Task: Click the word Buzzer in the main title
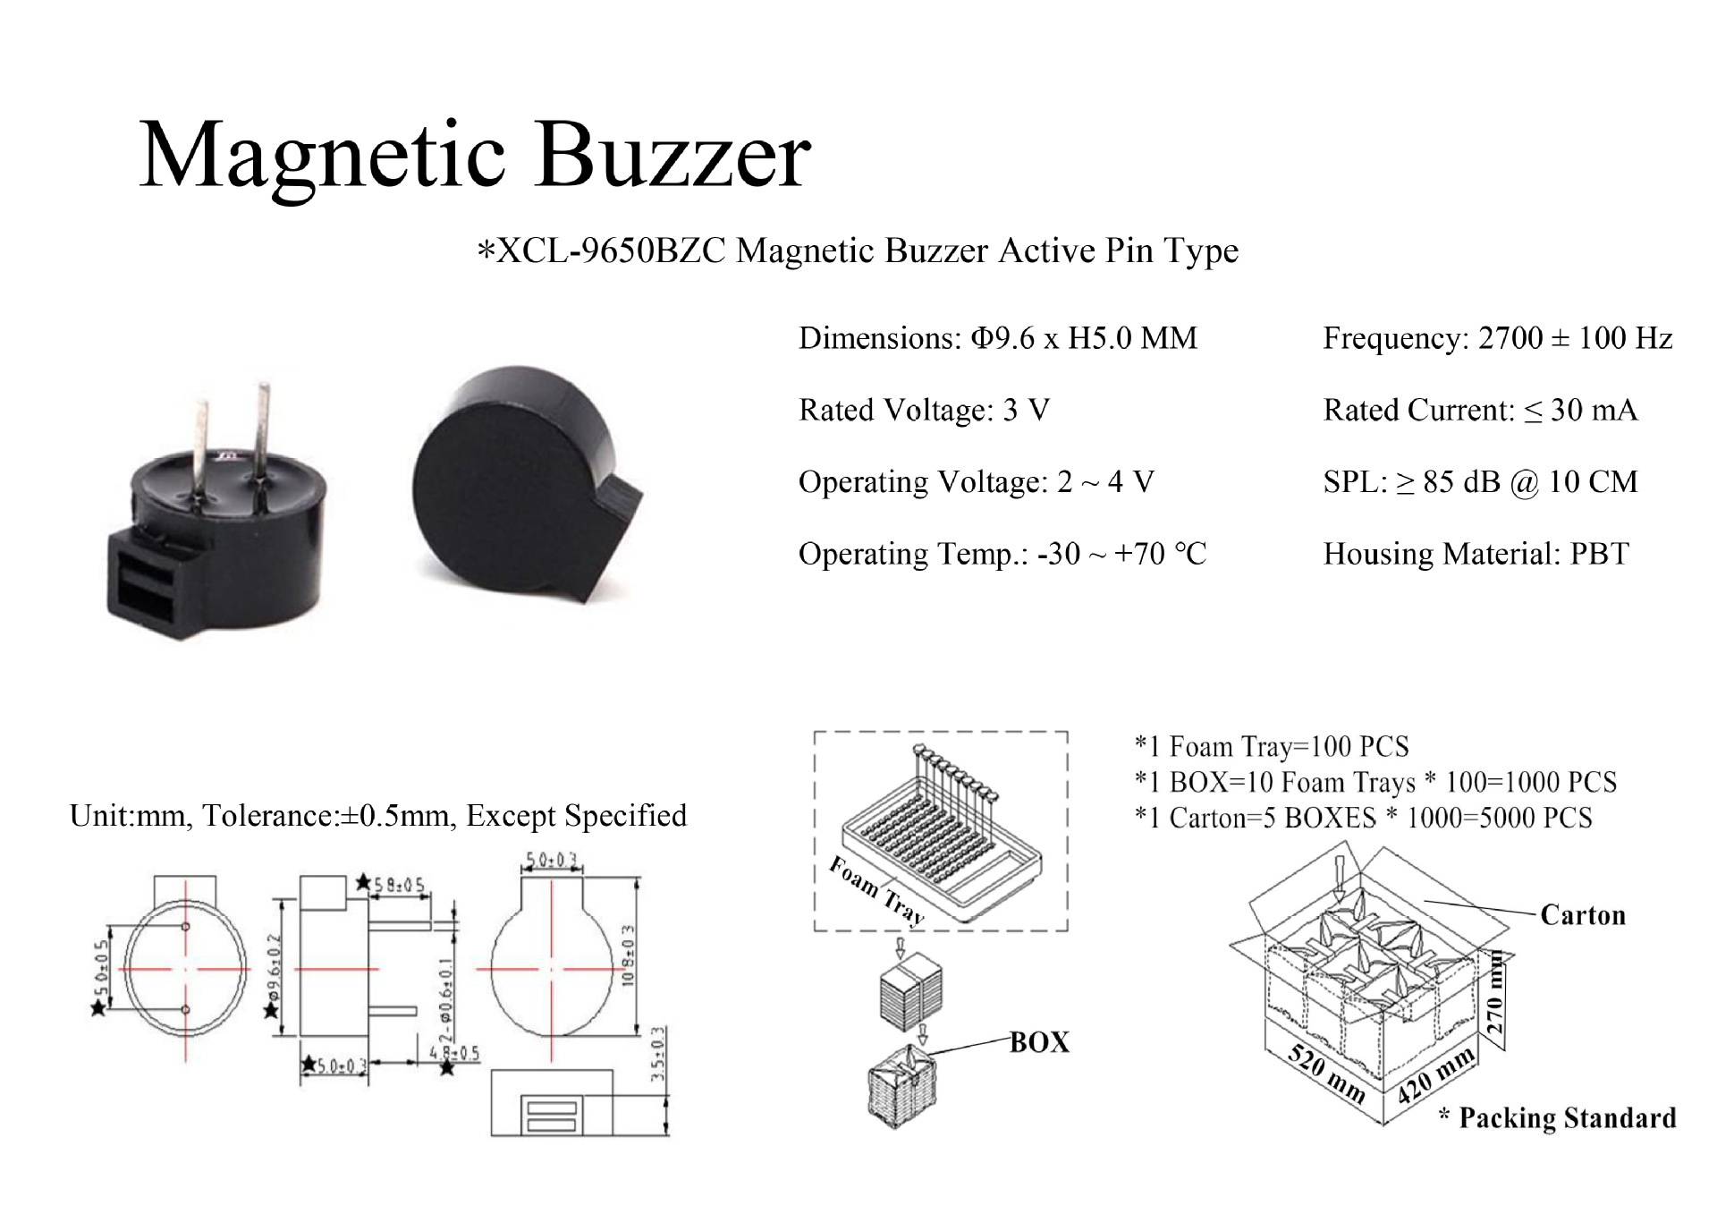(x=672, y=156)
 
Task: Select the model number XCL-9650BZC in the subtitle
(x=611, y=251)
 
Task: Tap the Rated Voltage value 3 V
(x=1026, y=411)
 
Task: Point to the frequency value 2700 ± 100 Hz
(x=1575, y=338)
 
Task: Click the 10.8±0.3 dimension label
(x=628, y=955)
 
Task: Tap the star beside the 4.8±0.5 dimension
(x=447, y=1067)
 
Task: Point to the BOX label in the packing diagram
(x=1039, y=1042)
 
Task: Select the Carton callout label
(x=1582, y=915)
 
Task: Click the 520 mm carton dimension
(x=1326, y=1074)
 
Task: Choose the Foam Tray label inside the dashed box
(x=875, y=889)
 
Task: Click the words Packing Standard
(x=1567, y=1118)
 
